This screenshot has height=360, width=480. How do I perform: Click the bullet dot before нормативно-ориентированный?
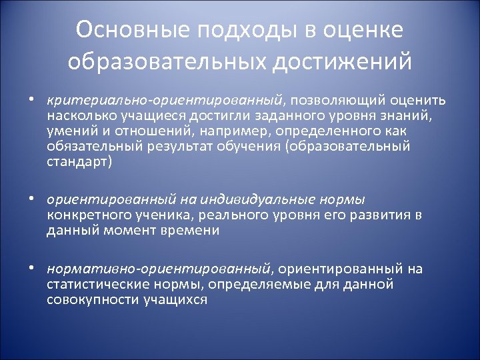tap(31, 269)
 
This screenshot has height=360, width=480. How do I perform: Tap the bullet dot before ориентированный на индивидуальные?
tap(31, 199)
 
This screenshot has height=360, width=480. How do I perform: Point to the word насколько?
tap(78, 116)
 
